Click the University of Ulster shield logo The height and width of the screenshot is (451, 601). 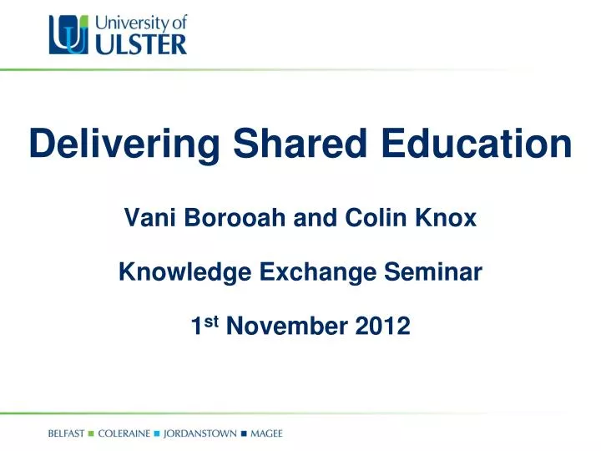click(x=68, y=36)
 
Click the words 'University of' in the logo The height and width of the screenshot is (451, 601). click(x=137, y=20)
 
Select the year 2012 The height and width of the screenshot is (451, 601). click(x=381, y=326)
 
